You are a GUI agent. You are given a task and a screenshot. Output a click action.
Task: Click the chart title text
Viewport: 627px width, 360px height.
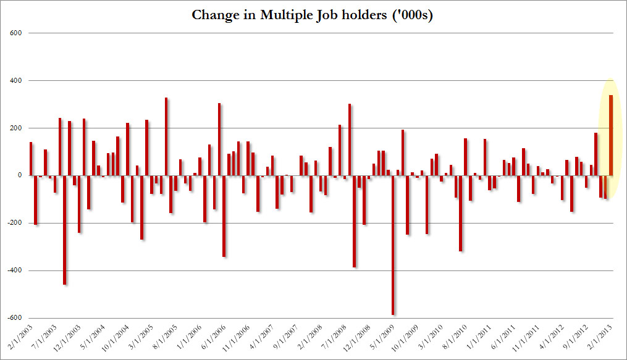[x=313, y=15]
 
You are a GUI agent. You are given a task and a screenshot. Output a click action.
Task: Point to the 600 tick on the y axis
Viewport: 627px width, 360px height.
[x=17, y=33]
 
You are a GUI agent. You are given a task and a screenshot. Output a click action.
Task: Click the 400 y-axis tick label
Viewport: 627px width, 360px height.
[x=17, y=81]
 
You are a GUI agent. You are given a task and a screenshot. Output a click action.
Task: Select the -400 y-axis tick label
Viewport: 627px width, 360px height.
[x=15, y=271]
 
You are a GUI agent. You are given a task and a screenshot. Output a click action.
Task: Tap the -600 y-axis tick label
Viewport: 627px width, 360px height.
[x=15, y=319]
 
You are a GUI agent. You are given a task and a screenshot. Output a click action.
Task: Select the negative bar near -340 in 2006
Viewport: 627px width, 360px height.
[x=224, y=216]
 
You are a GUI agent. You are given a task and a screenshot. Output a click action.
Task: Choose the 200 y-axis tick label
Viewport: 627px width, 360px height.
[x=17, y=128]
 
